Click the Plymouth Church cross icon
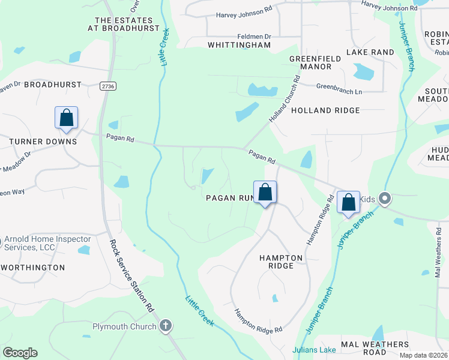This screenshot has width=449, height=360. (166, 326)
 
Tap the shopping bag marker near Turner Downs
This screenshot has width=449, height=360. (66, 118)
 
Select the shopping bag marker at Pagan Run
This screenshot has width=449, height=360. (265, 193)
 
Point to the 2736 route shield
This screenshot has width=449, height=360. (108, 86)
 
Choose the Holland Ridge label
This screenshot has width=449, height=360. (325, 110)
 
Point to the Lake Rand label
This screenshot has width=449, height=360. (370, 52)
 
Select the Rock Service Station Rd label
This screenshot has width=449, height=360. (131, 275)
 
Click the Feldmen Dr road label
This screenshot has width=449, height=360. (255, 37)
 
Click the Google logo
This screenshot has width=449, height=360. (20, 353)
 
